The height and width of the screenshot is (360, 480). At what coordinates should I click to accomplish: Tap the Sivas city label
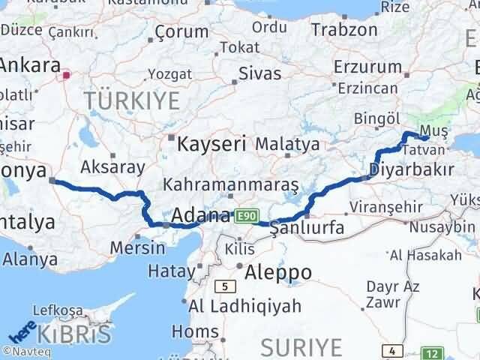[x=259, y=73]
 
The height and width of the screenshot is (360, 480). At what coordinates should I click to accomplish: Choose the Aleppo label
[x=274, y=271]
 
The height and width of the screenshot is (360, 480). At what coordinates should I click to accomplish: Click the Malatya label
[x=287, y=143]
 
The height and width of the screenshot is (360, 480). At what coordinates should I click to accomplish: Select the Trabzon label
[x=344, y=30]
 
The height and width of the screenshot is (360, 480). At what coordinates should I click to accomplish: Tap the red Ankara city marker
[x=67, y=75]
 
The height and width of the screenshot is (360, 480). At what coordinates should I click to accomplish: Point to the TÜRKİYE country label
[x=132, y=100]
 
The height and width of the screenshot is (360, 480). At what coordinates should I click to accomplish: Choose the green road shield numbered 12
[x=430, y=351]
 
